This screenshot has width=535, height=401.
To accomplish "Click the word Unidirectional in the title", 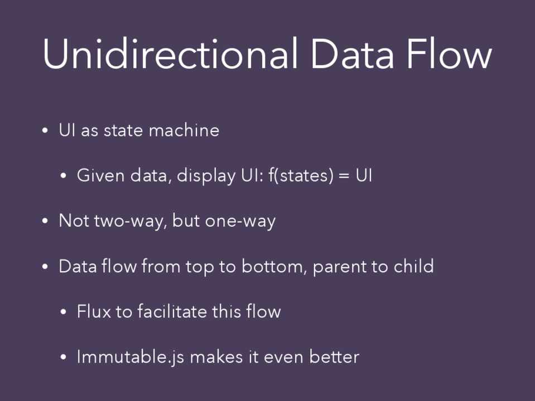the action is [170, 54].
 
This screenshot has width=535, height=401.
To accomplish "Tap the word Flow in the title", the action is [449, 54].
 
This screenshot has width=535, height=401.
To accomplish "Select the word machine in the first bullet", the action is [184, 130].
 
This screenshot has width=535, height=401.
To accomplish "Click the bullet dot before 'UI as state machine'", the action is [45, 130].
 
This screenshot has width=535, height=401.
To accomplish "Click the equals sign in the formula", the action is [345, 176].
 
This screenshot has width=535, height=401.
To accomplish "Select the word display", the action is [206, 177].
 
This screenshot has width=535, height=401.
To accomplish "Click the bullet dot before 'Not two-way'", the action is [45, 221].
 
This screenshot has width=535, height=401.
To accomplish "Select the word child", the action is [413, 266].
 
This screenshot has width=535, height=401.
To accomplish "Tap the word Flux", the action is [94, 311].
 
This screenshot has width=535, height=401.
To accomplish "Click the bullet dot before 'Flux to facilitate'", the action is [63, 312].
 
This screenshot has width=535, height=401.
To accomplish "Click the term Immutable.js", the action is [131, 357].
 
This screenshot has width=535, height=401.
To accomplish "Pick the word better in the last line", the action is [334, 356].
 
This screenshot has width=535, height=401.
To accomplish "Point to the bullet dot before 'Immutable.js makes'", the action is [63, 357].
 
